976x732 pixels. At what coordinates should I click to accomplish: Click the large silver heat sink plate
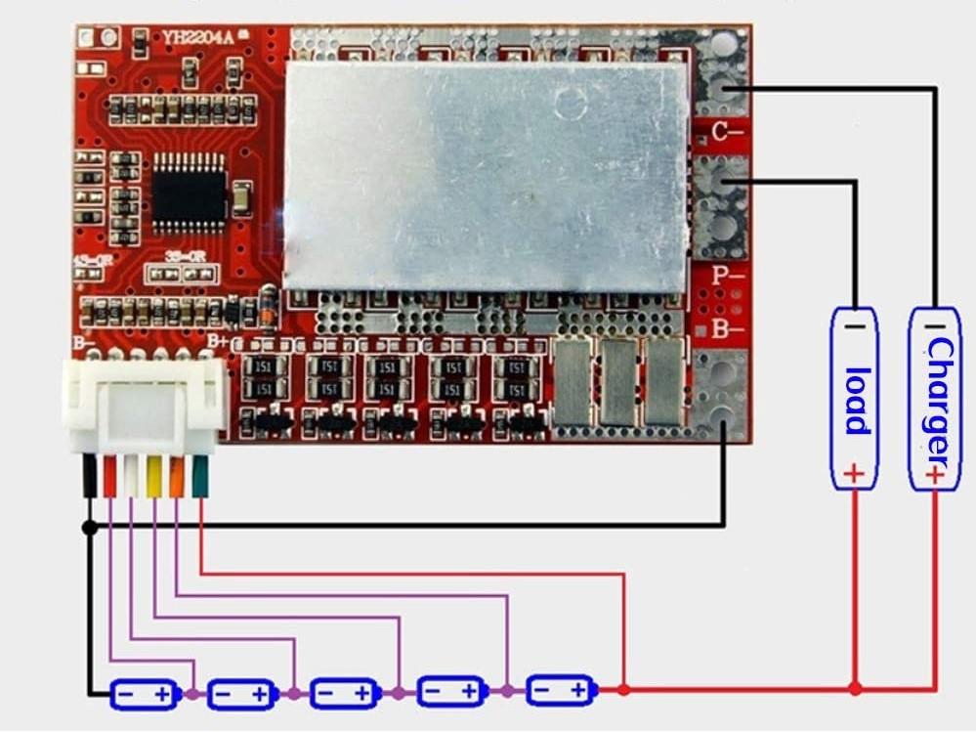pyautogui.click(x=486, y=178)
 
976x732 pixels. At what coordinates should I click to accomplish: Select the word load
pyautogui.click(x=855, y=400)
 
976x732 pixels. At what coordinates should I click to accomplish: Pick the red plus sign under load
pyautogui.click(x=854, y=475)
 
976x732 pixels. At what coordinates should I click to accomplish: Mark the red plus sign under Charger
pyautogui.click(x=935, y=475)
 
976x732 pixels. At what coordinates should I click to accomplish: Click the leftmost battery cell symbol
pyautogui.click(x=144, y=694)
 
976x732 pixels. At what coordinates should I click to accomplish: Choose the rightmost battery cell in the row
pyautogui.click(x=559, y=690)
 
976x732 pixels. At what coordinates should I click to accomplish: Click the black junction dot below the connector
pyautogui.click(x=89, y=528)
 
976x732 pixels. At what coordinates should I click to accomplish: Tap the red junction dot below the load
pyautogui.click(x=855, y=689)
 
